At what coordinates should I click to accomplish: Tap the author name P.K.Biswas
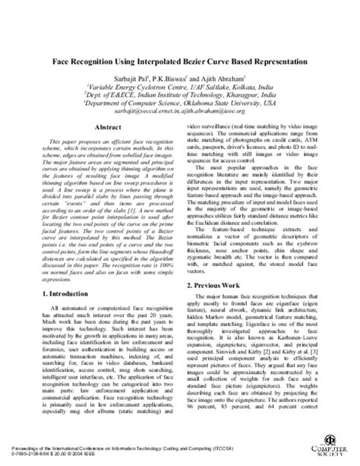167,77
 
